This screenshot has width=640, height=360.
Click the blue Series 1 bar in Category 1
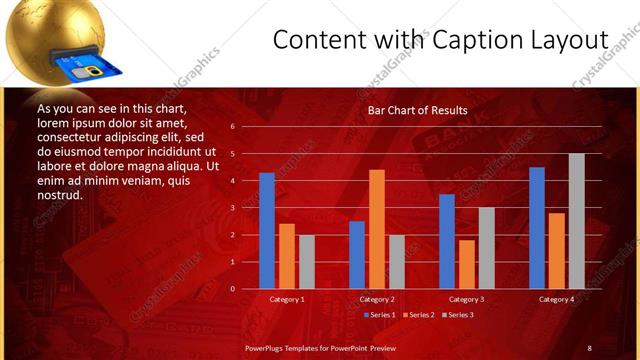267,231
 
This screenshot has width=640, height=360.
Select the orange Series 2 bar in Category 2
377,229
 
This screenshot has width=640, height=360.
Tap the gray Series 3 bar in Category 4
577,221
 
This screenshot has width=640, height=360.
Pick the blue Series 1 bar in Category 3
447,241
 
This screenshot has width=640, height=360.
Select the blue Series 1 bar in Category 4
537,228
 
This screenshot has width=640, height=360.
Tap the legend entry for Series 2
419,315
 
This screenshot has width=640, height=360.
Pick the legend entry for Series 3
458,315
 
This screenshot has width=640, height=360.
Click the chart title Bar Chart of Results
417,110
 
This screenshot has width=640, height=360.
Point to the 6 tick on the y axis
231,127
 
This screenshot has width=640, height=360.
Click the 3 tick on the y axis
231,208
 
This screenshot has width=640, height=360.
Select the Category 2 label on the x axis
377,299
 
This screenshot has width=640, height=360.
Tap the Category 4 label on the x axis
557,299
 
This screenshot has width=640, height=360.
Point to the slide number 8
589,347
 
